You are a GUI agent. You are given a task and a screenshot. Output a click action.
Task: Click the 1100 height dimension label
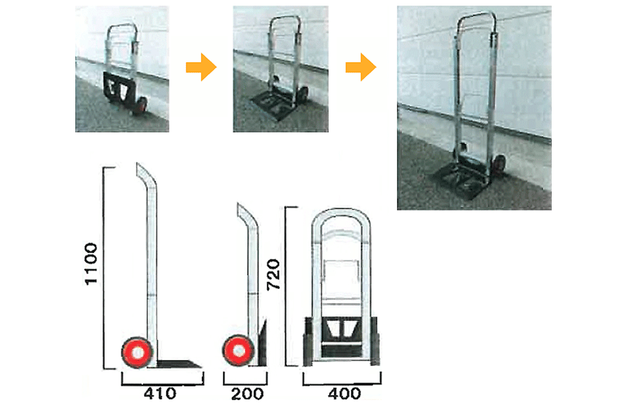coord(91,264)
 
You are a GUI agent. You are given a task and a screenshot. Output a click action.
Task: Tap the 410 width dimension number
coord(160,394)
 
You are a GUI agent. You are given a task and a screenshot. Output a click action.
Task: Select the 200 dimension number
coord(247,394)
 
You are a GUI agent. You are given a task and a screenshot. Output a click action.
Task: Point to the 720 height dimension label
coord(273,275)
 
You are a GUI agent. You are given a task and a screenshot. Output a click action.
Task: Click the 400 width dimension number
coord(344,394)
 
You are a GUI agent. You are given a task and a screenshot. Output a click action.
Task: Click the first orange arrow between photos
coord(201,67)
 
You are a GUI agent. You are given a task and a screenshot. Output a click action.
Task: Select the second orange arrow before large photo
coord(361,67)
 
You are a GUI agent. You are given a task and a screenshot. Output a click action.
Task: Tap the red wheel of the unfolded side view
coord(137,352)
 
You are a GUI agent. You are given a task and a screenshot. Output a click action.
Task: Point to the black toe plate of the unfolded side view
coord(179,364)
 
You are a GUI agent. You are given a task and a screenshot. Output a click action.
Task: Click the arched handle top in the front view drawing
coord(341,214)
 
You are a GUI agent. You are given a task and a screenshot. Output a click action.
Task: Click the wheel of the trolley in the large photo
coord(499,165)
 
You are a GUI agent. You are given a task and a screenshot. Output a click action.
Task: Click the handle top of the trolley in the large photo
coord(477,17)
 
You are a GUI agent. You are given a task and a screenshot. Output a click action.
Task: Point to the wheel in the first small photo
coord(140,106)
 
